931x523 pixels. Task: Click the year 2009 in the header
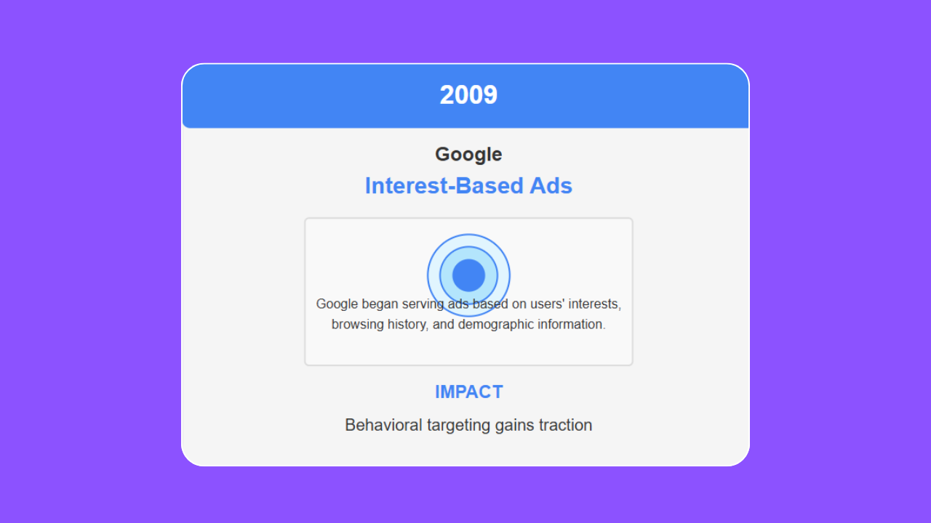pyautogui.click(x=468, y=94)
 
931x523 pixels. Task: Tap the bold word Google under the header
pyautogui.click(x=468, y=155)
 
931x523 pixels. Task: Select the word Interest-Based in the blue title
pyautogui.click(x=444, y=185)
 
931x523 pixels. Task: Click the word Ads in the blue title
pyautogui.click(x=551, y=185)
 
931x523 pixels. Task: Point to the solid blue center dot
pyautogui.click(x=468, y=275)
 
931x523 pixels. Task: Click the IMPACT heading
pyautogui.click(x=469, y=392)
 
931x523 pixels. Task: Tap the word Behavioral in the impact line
pyautogui.click(x=383, y=425)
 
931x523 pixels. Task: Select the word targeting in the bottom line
pyautogui.click(x=459, y=426)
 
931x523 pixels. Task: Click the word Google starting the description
pyautogui.click(x=337, y=304)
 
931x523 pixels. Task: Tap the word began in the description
pyautogui.click(x=380, y=304)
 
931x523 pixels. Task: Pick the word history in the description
pyautogui.click(x=408, y=325)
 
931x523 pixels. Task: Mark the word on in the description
pyautogui.click(x=519, y=304)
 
